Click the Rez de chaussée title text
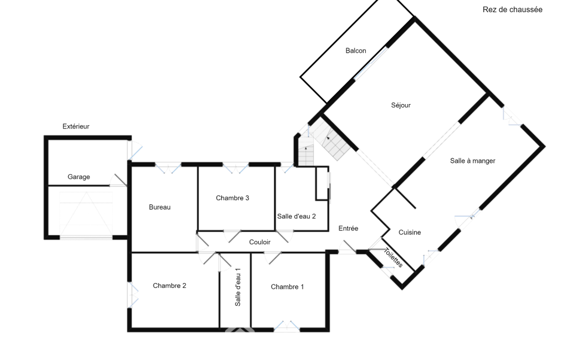(x=512, y=10)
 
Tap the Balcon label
(x=356, y=51)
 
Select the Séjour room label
(x=401, y=105)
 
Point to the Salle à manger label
(x=472, y=161)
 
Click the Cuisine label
(x=410, y=233)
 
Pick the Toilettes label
(x=393, y=258)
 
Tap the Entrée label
(x=348, y=229)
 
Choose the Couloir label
(x=260, y=242)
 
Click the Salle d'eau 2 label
(x=296, y=217)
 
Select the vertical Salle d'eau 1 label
(x=238, y=287)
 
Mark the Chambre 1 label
(x=287, y=287)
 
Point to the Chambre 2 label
(x=170, y=286)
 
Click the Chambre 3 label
(x=233, y=198)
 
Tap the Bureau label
(x=160, y=207)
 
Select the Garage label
(x=79, y=177)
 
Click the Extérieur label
(x=76, y=126)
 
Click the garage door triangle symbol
(x=86, y=214)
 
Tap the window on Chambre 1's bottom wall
(x=287, y=327)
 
